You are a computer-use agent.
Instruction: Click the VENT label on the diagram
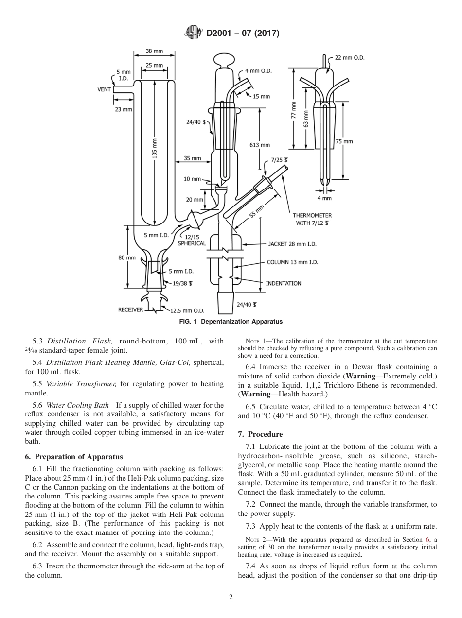104,89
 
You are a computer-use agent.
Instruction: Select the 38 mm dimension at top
155,51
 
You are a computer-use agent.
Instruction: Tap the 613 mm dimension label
260,145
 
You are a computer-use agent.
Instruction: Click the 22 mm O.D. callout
349,58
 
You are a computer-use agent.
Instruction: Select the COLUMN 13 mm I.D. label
292,262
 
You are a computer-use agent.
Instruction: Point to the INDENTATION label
283,283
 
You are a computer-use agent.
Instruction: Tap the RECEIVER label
130,309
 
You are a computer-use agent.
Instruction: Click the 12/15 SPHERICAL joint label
192,240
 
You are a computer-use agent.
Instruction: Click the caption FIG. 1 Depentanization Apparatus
231,322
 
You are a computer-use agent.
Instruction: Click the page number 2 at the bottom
231,597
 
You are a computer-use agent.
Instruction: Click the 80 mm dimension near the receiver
127,257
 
